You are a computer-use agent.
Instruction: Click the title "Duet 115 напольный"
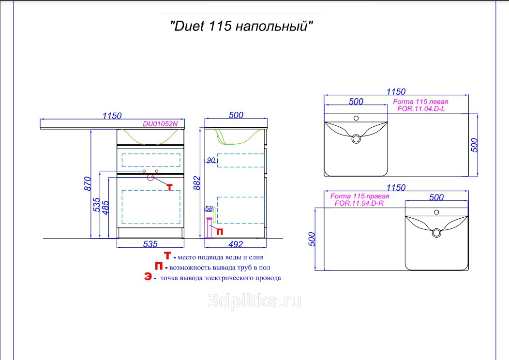[x=241, y=26]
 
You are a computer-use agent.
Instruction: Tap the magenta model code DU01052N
[x=160, y=124]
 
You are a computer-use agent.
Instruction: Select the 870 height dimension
[x=88, y=183]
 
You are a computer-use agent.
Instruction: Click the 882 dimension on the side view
[x=197, y=183]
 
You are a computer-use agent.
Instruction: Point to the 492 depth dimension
[x=236, y=244]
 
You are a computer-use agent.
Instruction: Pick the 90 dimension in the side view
[x=211, y=160]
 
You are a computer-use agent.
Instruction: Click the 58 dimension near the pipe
[x=209, y=209]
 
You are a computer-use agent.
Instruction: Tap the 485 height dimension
[x=105, y=208]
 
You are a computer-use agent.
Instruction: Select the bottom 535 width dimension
[x=150, y=244]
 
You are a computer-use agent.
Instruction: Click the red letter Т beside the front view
[x=169, y=187]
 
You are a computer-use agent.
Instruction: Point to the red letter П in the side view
[x=220, y=232]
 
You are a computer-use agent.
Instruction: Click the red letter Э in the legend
[x=148, y=277]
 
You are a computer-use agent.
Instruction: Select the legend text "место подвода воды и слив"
[x=221, y=257]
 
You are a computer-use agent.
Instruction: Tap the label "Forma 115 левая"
[x=420, y=102]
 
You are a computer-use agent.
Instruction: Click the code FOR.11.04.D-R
[x=359, y=203]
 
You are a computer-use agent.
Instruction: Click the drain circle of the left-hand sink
[x=356, y=139]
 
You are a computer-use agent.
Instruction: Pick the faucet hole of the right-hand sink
[x=436, y=212]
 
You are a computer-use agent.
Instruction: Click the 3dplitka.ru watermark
[x=254, y=301]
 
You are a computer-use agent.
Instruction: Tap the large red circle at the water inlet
[x=150, y=177]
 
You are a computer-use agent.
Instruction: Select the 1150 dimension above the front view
[x=112, y=116]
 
